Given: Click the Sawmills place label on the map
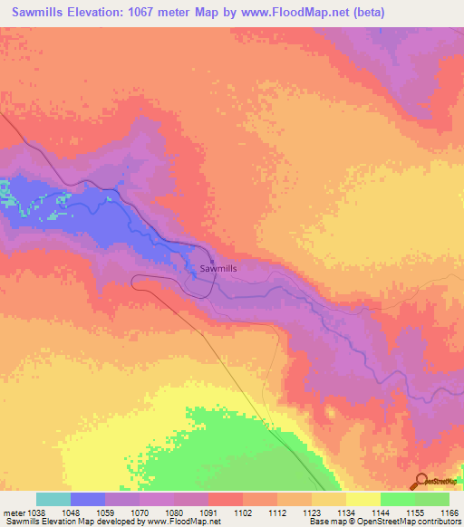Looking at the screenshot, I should coord(216,269).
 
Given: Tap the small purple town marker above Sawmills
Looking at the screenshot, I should coord(212,261).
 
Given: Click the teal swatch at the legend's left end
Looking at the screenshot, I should coord(53,499).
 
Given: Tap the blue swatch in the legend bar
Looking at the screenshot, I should coord(88,499).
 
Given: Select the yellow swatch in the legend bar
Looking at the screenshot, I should coord(362,499).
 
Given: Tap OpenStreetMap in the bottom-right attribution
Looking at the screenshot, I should coord(387,522).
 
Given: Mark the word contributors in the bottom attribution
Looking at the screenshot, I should coord(439,522).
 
